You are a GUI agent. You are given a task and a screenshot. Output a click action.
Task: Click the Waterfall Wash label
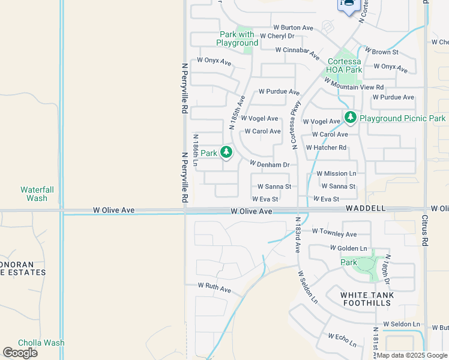click(37, 194)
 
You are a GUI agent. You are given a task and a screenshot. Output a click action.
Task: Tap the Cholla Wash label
click(41, 343)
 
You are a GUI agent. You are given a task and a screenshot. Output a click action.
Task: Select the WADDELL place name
click(366, 208)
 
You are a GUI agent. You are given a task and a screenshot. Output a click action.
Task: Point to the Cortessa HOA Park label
click(345, 65)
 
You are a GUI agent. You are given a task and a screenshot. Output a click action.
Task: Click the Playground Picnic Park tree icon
click(350, 118)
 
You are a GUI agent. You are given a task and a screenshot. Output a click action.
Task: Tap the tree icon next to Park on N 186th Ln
click(226, 153)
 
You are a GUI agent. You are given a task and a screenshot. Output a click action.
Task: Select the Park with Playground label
click(239, 38)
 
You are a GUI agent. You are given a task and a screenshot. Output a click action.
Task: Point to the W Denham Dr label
click(270, 164)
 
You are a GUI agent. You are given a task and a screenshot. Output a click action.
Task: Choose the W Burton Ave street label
click(294, 28)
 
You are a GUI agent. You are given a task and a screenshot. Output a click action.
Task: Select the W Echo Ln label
click(342, 340)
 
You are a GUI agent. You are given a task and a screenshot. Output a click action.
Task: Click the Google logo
click(20, 353)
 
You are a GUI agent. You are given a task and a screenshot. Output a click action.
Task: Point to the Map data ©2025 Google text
click(412, 355)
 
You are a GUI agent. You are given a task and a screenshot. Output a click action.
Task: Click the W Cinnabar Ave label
click(297, 50)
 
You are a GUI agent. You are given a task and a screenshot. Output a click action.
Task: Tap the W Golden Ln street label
click(348, 248)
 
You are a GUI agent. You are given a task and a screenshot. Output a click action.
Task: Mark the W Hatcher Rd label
click(326, 148)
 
